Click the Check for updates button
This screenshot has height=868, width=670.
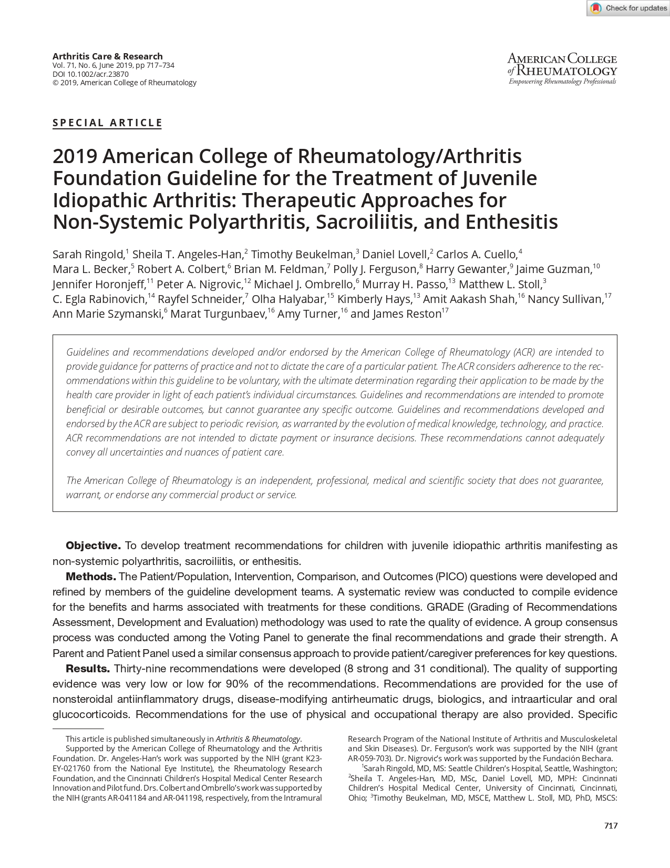click(628, 8)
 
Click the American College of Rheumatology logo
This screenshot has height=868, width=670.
click(562, 69)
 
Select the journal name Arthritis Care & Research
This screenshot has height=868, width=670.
click(107, 56)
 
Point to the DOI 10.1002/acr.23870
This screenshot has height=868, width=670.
click(90, 74)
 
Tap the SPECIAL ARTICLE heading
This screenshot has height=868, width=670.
click(107, 123)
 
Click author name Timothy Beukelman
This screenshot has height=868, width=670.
click(303, 255)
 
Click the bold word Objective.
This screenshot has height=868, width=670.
click(93, 546)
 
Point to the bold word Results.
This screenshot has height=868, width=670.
click(88, 669)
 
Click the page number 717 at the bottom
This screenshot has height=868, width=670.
click(611, 825)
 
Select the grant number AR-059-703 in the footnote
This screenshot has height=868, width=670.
click(370, 759)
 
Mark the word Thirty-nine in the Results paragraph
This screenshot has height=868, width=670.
click(140, 669)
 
